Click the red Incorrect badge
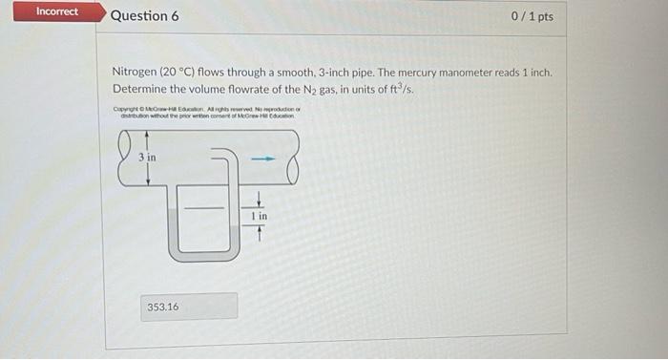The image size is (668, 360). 57,11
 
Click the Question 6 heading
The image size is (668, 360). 144,16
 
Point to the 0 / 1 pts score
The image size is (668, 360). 532,16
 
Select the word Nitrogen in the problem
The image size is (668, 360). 135,73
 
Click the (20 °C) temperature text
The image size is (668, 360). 179,73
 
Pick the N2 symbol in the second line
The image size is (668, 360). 360,89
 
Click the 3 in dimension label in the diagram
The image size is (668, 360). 147,157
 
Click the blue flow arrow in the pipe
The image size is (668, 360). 268,158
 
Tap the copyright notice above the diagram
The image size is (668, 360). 206,116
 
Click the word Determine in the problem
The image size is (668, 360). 142,89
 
